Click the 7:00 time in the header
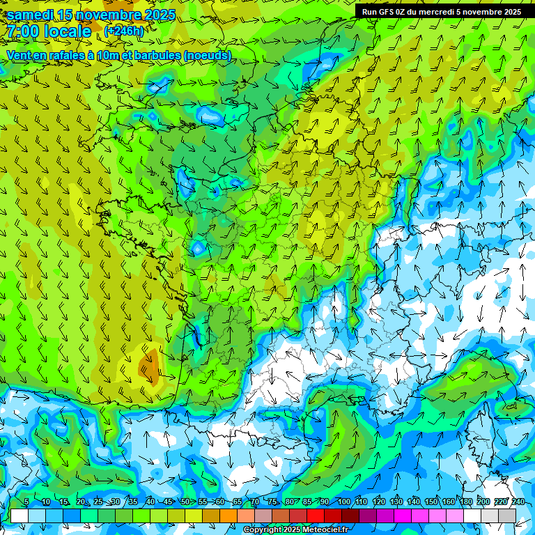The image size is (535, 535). pyautogui.click(x=22, y=31)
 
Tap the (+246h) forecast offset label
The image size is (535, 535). pyautogui.click(x=124, y=31)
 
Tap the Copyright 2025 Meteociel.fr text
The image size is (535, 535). pyautogui.click(x=296, y=530)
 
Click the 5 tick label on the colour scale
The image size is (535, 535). pyautogui.click(x=26, y=502)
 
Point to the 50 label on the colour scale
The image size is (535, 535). pyautogui.click(x=185, y=502)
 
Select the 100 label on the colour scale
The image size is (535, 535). pyautogui.click(x=344, y=502)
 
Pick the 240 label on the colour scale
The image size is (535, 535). pyautogui.click(x=518, y=502)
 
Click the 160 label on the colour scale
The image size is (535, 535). pyautogui.click(x=449, y=502)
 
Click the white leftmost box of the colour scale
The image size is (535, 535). pyautogui.click(x=19, y=515)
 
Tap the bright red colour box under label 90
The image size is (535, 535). pyautogui.click(x=316, y=515)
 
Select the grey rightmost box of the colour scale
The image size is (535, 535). pyautogui.click(x=507, y=515)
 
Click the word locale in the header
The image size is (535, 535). pyautogui.click(x=67, y=31)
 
